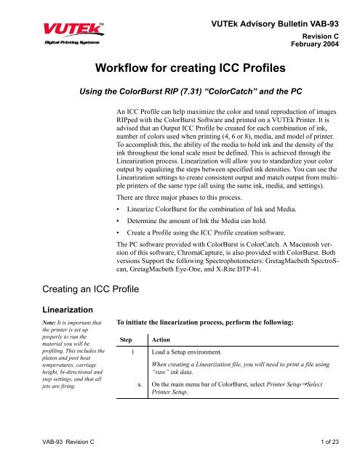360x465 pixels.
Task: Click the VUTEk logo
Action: [47, 31]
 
